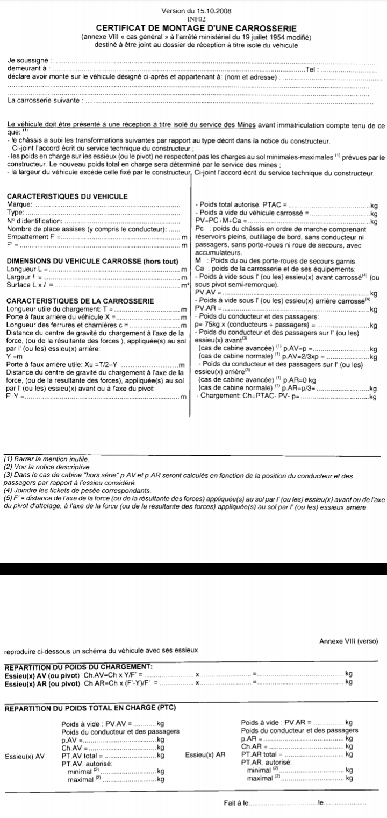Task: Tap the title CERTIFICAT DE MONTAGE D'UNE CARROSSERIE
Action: click(193, 27)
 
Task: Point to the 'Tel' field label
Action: click(310, 70)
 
